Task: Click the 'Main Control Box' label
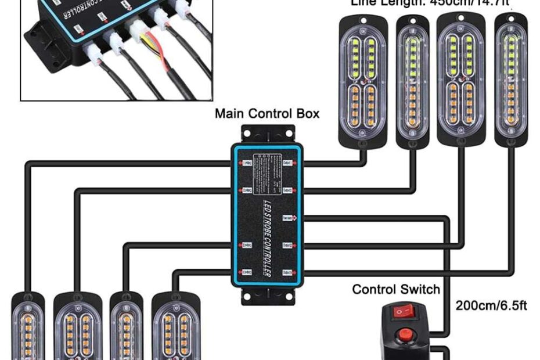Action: pyautogui.click(x=267, y=113)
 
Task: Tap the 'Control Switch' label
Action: pyautogui.click(x=396, y=289)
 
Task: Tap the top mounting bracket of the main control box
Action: pyautogui.click(x=267, y=132)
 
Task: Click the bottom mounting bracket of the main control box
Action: pyautogui.click(x=267, y=296)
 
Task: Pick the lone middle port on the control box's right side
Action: pyautogui.click(x=289, y=218)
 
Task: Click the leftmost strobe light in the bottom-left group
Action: pyautogui.click(x=28, y=328)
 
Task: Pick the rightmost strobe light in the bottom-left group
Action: pyautogui.click(x=175, y=328)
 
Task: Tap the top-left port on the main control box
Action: pyautogui.click(x=246, y=163)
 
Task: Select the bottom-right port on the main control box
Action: pyautogui.click(x=288, y=272)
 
